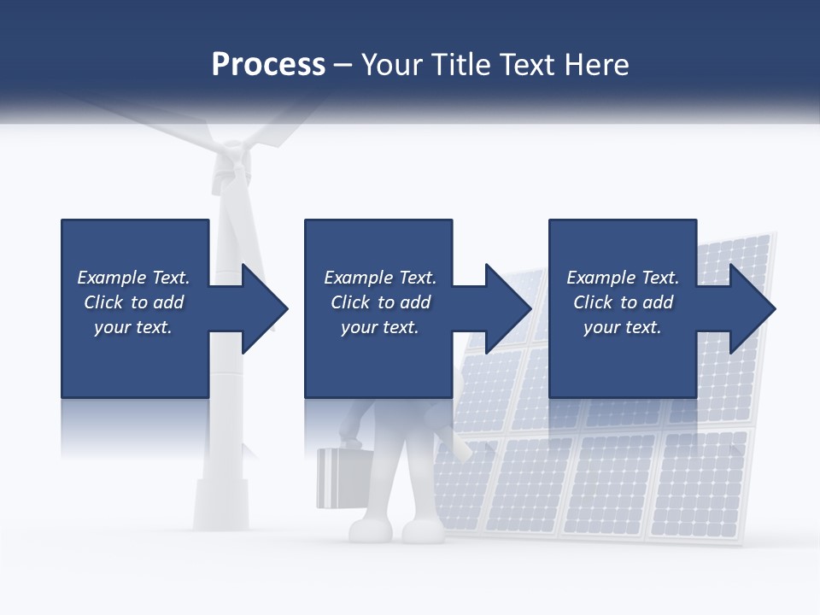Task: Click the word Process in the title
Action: [x=268, y=65]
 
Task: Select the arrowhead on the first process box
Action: [x=265, y=308]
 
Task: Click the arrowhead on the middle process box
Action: [x=508, y=308]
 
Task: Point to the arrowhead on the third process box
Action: [x=753, y=308]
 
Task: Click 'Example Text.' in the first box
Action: [x=133, y=278]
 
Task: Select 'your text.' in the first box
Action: [x=133, y=327]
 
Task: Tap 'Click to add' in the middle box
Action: [x=380, y=302]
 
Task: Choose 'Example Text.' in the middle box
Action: [x=380, y=278]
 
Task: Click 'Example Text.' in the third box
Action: [x=623, y=278]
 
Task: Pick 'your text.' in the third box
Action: [x=623, y=327]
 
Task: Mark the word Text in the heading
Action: [x=528, y=65]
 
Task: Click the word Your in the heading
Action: [x=391, y=65]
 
